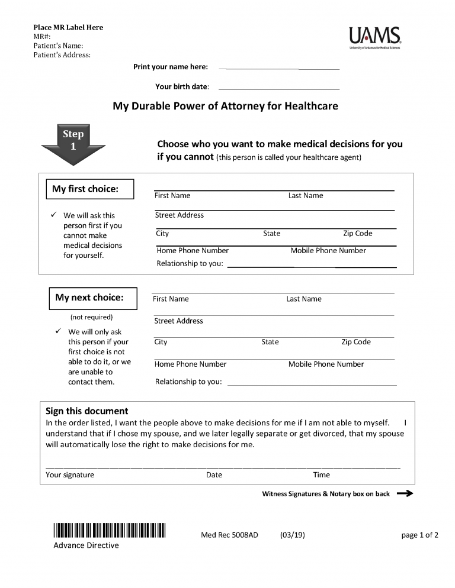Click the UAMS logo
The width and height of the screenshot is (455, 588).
(x=375, y=37)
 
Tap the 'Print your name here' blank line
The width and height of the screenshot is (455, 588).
(x=279, y=68)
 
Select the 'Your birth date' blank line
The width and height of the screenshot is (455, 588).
(x=279, y=88)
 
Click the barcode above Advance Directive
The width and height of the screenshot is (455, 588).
(x=110, y=531)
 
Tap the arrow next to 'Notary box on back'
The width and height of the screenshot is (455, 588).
(x=405, y=494)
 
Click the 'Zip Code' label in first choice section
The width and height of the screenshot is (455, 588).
(x=357, y=234)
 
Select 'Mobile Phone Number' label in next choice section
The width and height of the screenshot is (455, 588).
(x=326, y=364)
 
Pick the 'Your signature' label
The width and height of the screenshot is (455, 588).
(x=70, y=475)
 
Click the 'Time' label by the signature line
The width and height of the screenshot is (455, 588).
(x=321, y=475)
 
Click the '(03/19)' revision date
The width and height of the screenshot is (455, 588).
(x=292, y=535)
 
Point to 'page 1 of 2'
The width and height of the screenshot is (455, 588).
(x=419, y=535)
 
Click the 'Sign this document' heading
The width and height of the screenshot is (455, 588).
(x=86, y=411)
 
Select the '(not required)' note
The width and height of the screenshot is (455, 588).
(x=91, y=317)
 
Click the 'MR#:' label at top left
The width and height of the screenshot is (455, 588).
(x=42, y=37)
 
